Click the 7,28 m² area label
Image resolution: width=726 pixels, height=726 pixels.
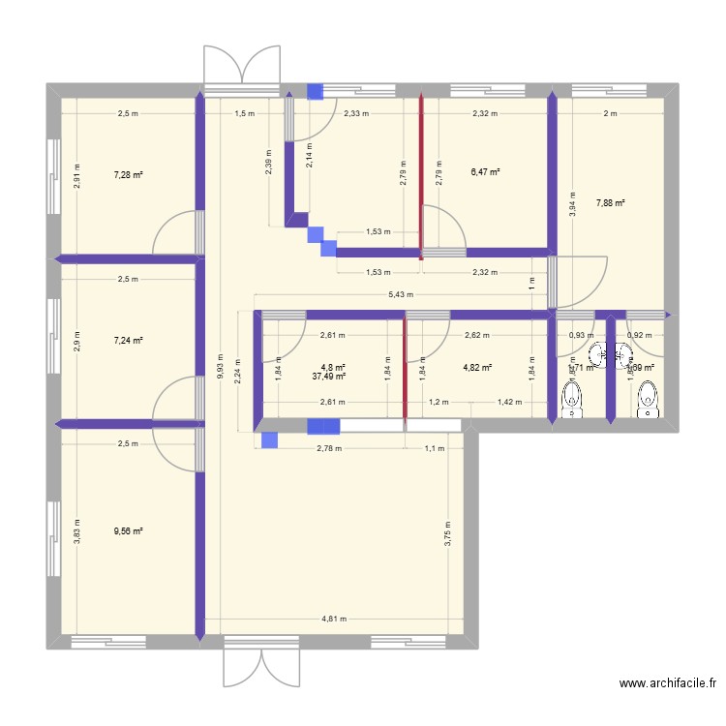(x=128, y=175)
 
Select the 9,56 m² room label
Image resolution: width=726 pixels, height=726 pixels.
(x=128, y=531)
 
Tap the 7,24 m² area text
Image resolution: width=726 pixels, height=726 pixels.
(x=128, y=341)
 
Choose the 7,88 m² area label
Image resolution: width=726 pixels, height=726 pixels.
(x=610, y=203)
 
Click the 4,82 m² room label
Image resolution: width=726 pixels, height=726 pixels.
(x=477, y=368)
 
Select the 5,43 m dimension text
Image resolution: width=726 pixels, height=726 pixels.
(x=400, y=294)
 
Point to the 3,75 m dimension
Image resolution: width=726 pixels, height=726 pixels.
(x=448, y=535)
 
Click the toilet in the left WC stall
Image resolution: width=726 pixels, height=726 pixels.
(x=573, y=399)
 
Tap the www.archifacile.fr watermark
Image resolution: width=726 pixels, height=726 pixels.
(x=668, y=684)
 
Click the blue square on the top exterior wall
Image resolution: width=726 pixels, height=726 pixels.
(x=316, y=92)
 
